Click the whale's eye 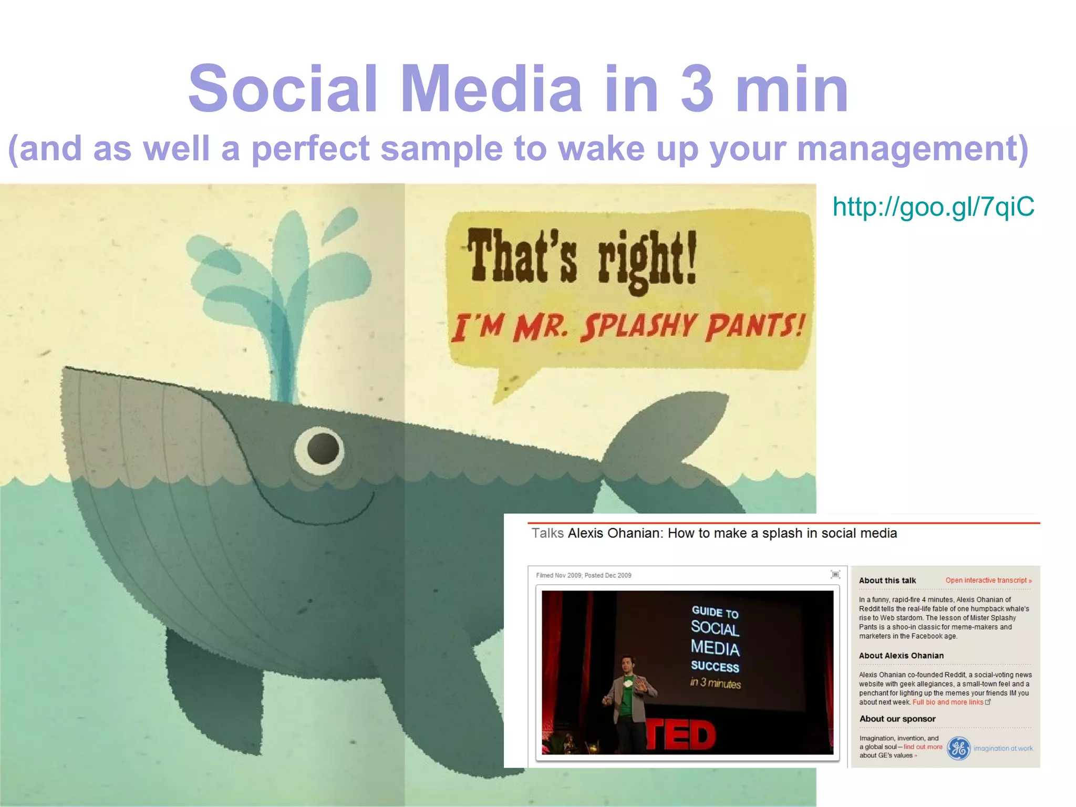(x=320, y=450)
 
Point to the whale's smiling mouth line (x=315, y=512)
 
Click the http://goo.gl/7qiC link (x=933, y=206)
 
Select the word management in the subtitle (x=912, y=149)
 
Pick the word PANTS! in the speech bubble (x=755, y=326)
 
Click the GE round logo (x=958, y=748)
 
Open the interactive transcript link (x=988, y=580)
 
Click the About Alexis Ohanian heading (x=901, y=655)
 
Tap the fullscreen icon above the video (x=835, y=574)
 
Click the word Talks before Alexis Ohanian (x=547, y=533)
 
